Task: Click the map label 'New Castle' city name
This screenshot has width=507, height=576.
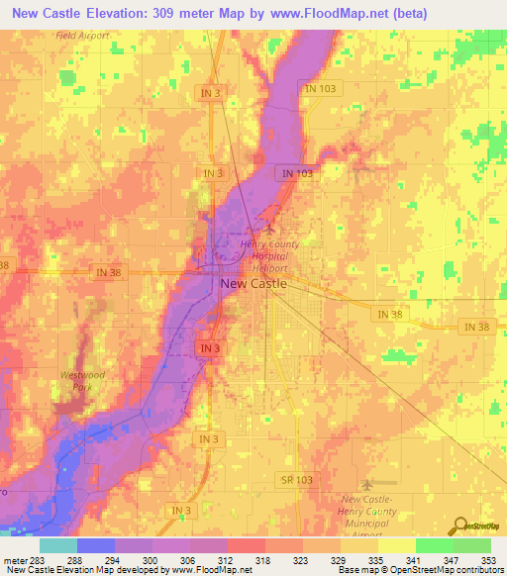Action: pyautogui.click(x=253, y=283)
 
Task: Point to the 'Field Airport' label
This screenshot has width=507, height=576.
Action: pyautogui.click(x=82, y=35)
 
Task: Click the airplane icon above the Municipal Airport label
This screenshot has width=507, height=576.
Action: pyautogui.click(x=369, y=485)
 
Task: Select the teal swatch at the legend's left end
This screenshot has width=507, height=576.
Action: pyautogui.click(x=57, y=545)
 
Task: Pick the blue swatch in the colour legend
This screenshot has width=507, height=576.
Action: pyautogui.click(x=95, y=545)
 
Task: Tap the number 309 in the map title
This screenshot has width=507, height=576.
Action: pyautogui.click(x=201, y=13)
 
